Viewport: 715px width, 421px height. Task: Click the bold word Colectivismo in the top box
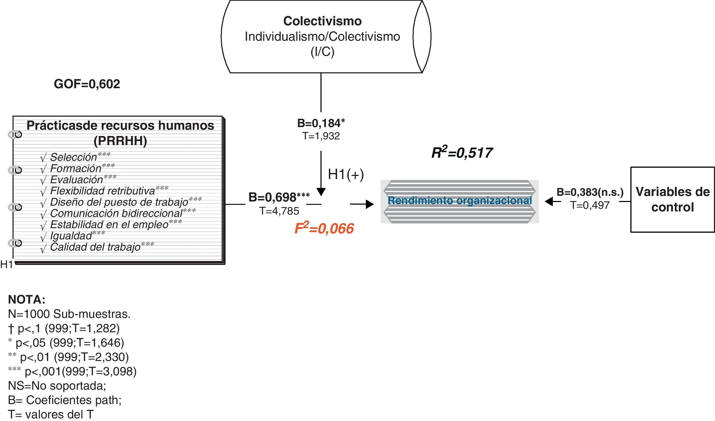click(322, 21)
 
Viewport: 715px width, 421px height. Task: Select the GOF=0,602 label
click(87, 84)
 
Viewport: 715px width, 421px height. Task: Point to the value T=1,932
click(321, 136)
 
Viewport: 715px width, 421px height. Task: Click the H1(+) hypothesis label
click(346, 174)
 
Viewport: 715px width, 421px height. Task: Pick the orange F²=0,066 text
click(324, 229)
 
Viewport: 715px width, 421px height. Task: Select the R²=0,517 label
click(462, 153)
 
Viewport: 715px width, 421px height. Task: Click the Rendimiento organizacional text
click(460, 200)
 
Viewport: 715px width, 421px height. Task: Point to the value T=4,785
click(279, 211)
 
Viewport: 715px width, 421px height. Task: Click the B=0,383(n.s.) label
click(590, 192)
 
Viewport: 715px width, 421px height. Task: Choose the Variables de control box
click(672, 199)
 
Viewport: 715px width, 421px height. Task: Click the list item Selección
click(74, 157)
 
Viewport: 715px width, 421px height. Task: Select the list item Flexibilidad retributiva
click(102, 191)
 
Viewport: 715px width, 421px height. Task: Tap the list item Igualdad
click(71, 236)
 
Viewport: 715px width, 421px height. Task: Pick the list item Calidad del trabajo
click(95, 247)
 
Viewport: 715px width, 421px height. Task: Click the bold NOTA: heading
click(27, 299)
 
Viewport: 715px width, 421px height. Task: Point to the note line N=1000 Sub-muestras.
click(69, 314)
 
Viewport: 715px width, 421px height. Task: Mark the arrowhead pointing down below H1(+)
click(321, 192)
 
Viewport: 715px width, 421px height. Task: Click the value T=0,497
click(590, 205)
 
